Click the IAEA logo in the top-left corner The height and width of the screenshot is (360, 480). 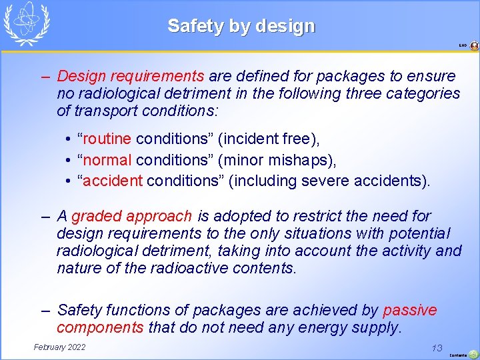pos(27,23)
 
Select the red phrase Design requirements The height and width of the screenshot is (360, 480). pos(131,76)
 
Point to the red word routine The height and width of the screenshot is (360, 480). pos(107,139)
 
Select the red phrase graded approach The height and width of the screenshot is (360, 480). pos(131,217)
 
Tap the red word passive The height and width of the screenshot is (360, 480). pos(410,311)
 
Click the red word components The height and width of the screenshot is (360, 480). pos(100,328)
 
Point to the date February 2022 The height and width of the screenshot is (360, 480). pos(59,347)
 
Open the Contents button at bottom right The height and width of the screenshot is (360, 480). pos(472,354)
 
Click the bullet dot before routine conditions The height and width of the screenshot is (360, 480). pos(69,140)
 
